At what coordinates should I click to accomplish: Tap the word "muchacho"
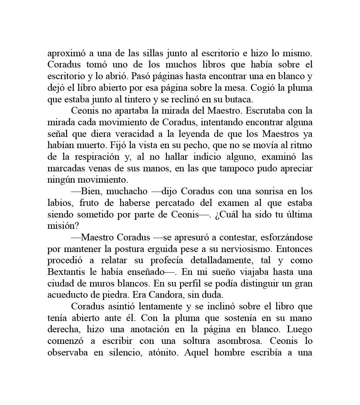pyautogui.click(x=127, y=192)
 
